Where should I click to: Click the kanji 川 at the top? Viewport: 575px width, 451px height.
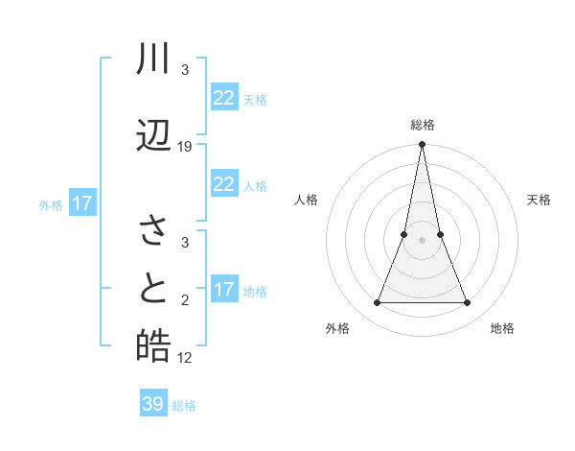pyautogui.click(x=153, y=60)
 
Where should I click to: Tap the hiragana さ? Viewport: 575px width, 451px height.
pyautogui.click(x=153, y=231)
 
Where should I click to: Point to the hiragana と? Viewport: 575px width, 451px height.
pyautogui.click(x=153, y=290)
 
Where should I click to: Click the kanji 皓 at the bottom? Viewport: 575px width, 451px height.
pyautogui.click(x=153, y=346)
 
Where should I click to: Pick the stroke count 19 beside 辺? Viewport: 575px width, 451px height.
pyautogui.click(x=185, y=147)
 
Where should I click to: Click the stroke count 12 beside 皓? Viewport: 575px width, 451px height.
pyautogui.click(x=185, y=358)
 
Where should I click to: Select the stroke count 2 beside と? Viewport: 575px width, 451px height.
pyautogui.click(x=185, y=300)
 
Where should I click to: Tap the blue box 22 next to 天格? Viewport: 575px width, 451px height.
pyautogui.click(x=223, y=98)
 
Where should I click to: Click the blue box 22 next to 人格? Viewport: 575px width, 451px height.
pyautogui.click(x=223, y=184)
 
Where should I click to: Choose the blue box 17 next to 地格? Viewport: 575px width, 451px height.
pyautogui.click(x=223, y=290)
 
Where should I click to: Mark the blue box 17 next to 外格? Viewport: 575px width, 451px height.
pyautogui.click(x=81, y=203)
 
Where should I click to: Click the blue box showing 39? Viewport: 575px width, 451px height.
pyautogui.click(x=152, y=404)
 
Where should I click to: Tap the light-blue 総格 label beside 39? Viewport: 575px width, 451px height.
pyautogui.click(x=184, y=406)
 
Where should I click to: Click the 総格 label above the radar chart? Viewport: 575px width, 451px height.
pyautogui.click(x=422, y=125)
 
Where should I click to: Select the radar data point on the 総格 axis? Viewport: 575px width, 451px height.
pyautogui.click(x=422, y=145)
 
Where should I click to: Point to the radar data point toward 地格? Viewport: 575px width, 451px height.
pyautogui.click(x=468, y=303)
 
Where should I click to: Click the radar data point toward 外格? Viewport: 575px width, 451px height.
pyautogui.click(x=377, y=303)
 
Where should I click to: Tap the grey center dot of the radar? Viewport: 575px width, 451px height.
pyautogui.click(x=422, y=240)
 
